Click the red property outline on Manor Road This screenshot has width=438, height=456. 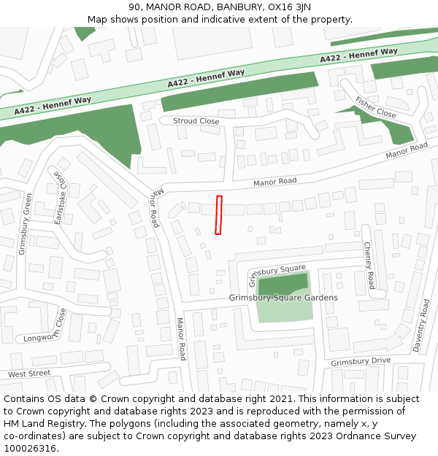click(218, 215)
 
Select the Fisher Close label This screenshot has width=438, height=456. click(376, 108)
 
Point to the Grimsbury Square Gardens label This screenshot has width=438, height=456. click(283, 298)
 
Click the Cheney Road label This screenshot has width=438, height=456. click(369, 265)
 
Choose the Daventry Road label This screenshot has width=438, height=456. click(420, 325)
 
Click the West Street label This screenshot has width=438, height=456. click(29, 374)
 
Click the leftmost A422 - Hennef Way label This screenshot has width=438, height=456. click(53, 104)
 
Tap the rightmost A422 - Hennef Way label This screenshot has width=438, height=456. click(358, 55)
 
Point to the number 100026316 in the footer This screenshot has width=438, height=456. click(28, 448)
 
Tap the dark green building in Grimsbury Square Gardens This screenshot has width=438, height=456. click(283, 285)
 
